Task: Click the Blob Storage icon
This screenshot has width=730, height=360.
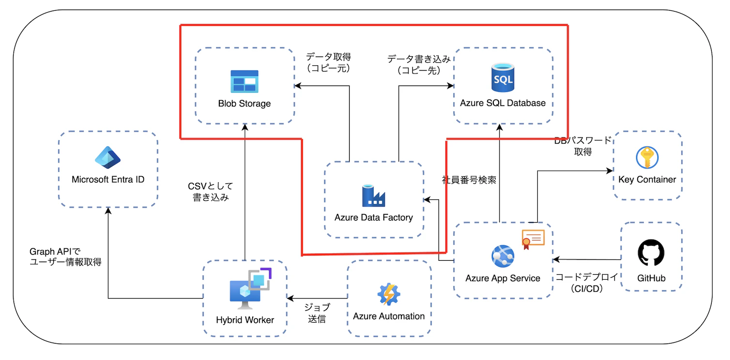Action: [244, 81]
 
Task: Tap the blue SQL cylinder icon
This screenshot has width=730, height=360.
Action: [502, 77]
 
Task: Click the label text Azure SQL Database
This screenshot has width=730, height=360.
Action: [502, 103]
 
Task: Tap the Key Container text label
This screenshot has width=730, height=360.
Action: [647, 180]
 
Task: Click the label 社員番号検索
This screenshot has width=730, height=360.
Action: [469, 180]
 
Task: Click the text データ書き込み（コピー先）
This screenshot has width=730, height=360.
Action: [419, 64]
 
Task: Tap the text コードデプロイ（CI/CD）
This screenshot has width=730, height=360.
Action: [586, 283]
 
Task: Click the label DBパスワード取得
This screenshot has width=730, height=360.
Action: [583, 146]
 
